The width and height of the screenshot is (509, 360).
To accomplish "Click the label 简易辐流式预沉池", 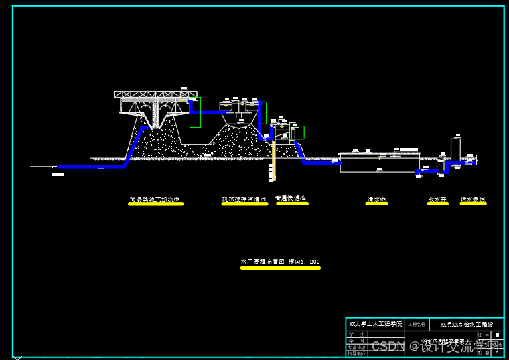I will pos(155,199).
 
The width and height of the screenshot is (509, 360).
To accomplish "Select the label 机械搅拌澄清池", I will pos(244,199).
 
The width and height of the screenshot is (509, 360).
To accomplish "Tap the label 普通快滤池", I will pos(291,198).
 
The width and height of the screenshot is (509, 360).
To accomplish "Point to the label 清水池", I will pos(376,199).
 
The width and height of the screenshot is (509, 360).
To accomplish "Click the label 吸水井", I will pos(437,199).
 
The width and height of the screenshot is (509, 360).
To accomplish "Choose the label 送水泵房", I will pos(473,199).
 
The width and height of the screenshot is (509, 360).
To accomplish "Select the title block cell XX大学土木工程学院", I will pos(376,324).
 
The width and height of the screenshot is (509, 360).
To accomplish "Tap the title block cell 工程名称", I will pos(417,324).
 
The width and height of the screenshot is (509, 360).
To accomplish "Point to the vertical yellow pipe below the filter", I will pos(273,161).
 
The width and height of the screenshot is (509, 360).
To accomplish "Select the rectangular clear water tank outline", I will pos(379,163).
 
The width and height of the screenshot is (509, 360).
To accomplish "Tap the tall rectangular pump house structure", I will pos(455,149).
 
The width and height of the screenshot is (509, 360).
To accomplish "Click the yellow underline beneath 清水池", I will pos(376,204).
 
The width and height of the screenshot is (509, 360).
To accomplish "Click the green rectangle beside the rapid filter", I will pos(298,132).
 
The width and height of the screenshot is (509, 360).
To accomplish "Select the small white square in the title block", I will pos(497,334).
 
